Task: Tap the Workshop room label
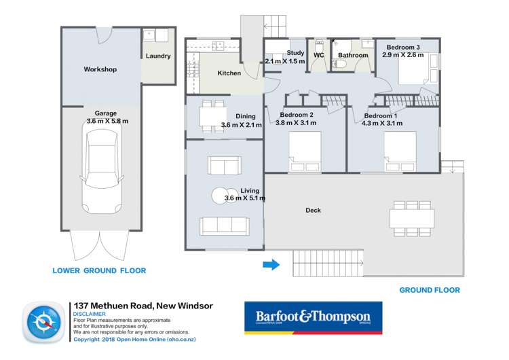pos(100,69)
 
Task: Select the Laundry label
pos(158,56)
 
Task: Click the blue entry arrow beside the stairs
pos(271,264)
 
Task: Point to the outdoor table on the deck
pos(411,217)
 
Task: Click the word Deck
pos(313,211)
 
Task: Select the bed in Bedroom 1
pos(400,153)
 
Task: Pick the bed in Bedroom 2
pos(305,153)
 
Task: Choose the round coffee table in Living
pos(221,195)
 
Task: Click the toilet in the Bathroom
pos(343,66)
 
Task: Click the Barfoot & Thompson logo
pos(313,318)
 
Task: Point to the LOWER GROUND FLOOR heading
pos(99,270)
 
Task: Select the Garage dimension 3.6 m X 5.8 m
pos(107,120)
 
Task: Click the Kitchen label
pos(229,73)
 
